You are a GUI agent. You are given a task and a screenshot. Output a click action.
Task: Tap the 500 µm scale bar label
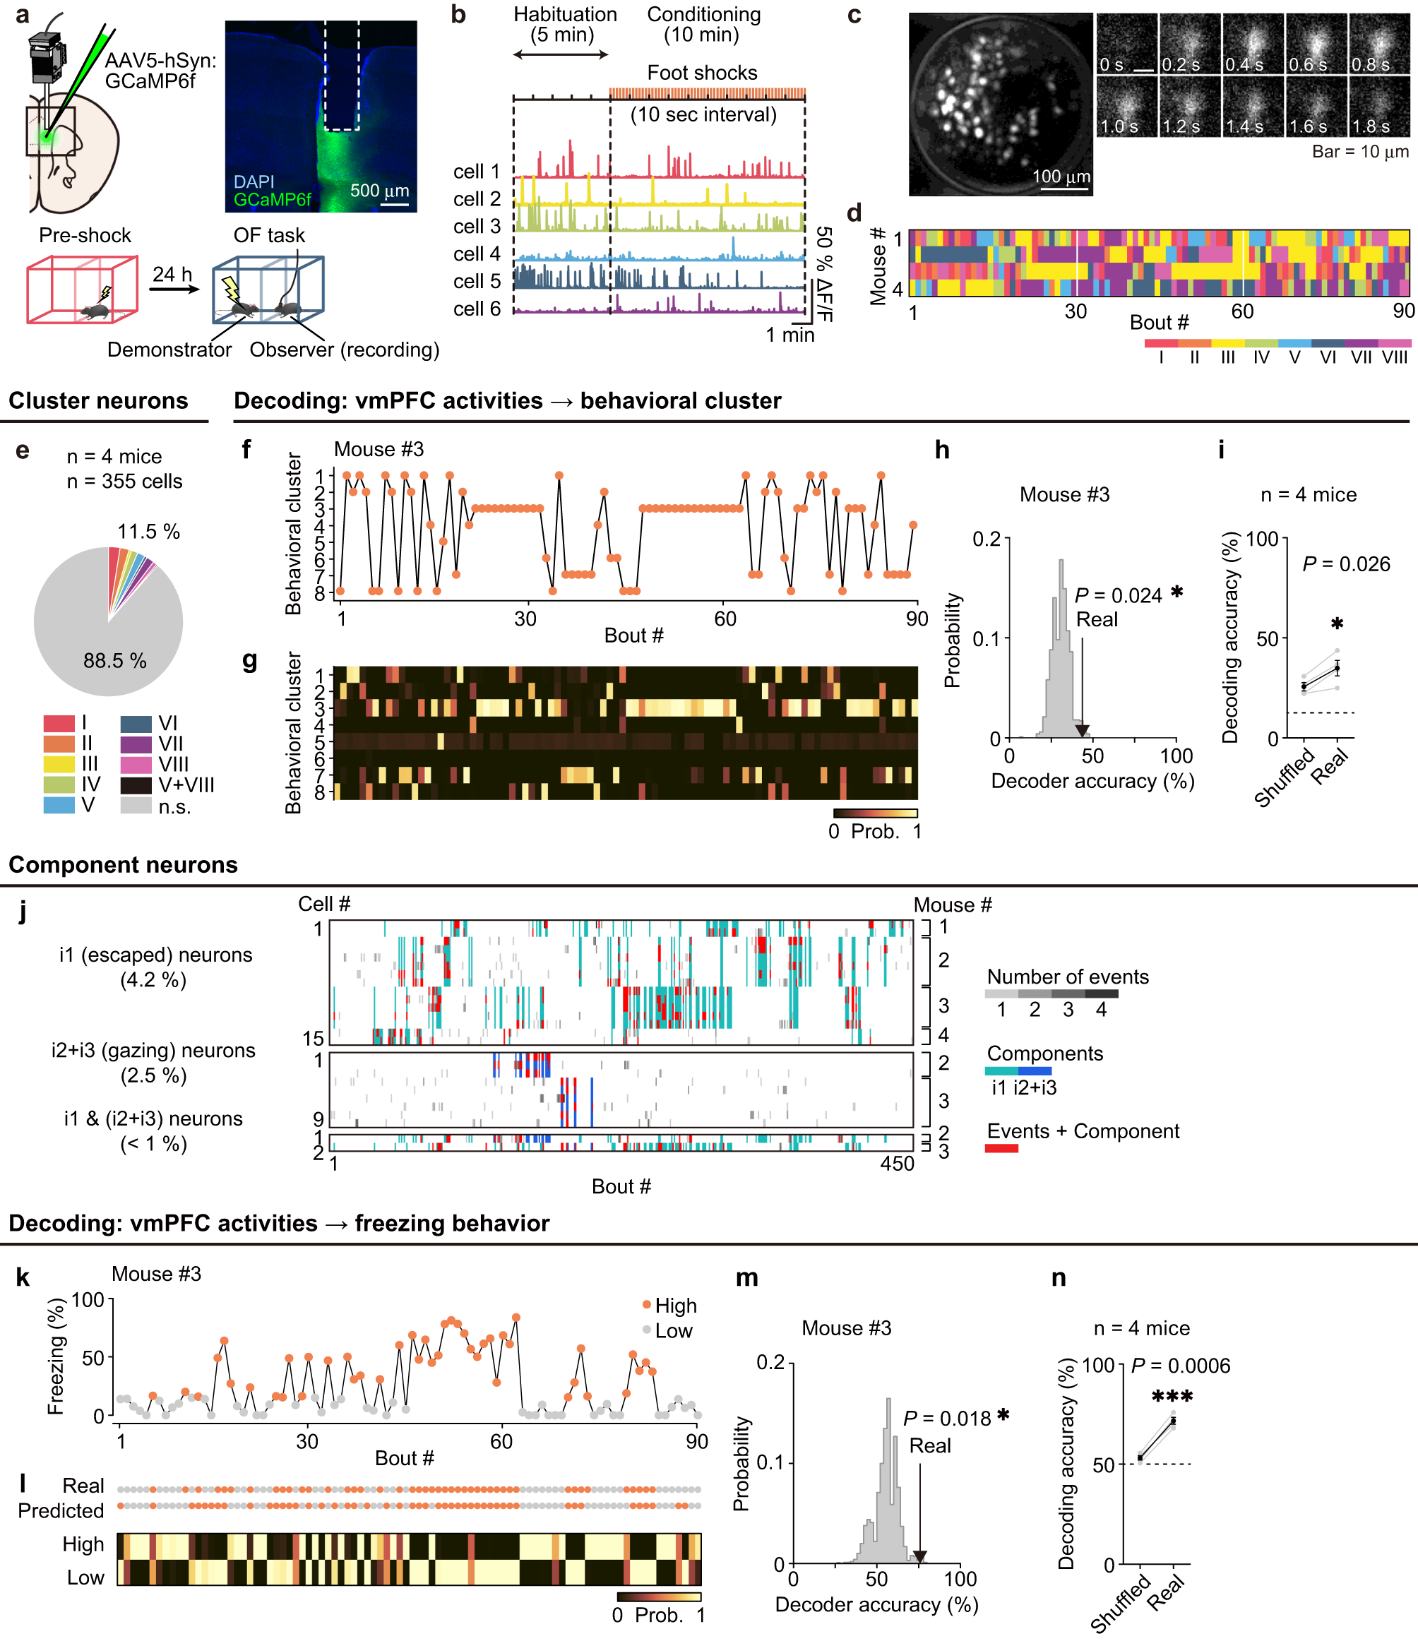pyautogui.click(x=379, y=191)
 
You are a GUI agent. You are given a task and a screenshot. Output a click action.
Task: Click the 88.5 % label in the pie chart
pyautogui.click(x=115, y=662)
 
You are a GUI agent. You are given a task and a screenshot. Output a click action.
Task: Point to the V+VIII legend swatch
pyautogui.click(x=136, y=786)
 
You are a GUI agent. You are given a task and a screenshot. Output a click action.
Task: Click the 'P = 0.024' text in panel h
pyautogui.click(x=1117, y=595)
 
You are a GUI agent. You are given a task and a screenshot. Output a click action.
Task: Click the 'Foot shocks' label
pyautogui.click(x=702, y=73)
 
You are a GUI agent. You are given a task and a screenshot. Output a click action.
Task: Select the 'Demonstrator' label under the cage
pyautogui.click(x=169, y=350)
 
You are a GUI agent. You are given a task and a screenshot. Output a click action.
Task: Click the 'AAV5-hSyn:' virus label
pyautogui.click(x=161, y=60)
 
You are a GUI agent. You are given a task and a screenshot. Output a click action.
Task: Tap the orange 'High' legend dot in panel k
pyautogui.click(x=646, y=1304)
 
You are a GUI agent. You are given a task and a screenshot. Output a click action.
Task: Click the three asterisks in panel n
pyautogui.click(x=1172, y=1397)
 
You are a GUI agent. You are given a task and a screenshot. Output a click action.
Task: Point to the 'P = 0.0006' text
pyautogui.click(x=1180, y=1366)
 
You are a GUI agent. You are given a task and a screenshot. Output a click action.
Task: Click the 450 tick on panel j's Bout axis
pyautogui.click(x=897, y=1164)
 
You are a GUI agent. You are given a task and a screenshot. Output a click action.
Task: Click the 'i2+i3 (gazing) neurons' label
pyautogui.click(x=154, y=1050)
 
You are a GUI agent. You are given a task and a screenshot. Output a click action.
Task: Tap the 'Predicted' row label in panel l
pyautogui.click(x=61, y=1510)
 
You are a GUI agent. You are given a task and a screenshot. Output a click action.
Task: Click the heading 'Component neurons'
pyautogui.click(x=123, y=865)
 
